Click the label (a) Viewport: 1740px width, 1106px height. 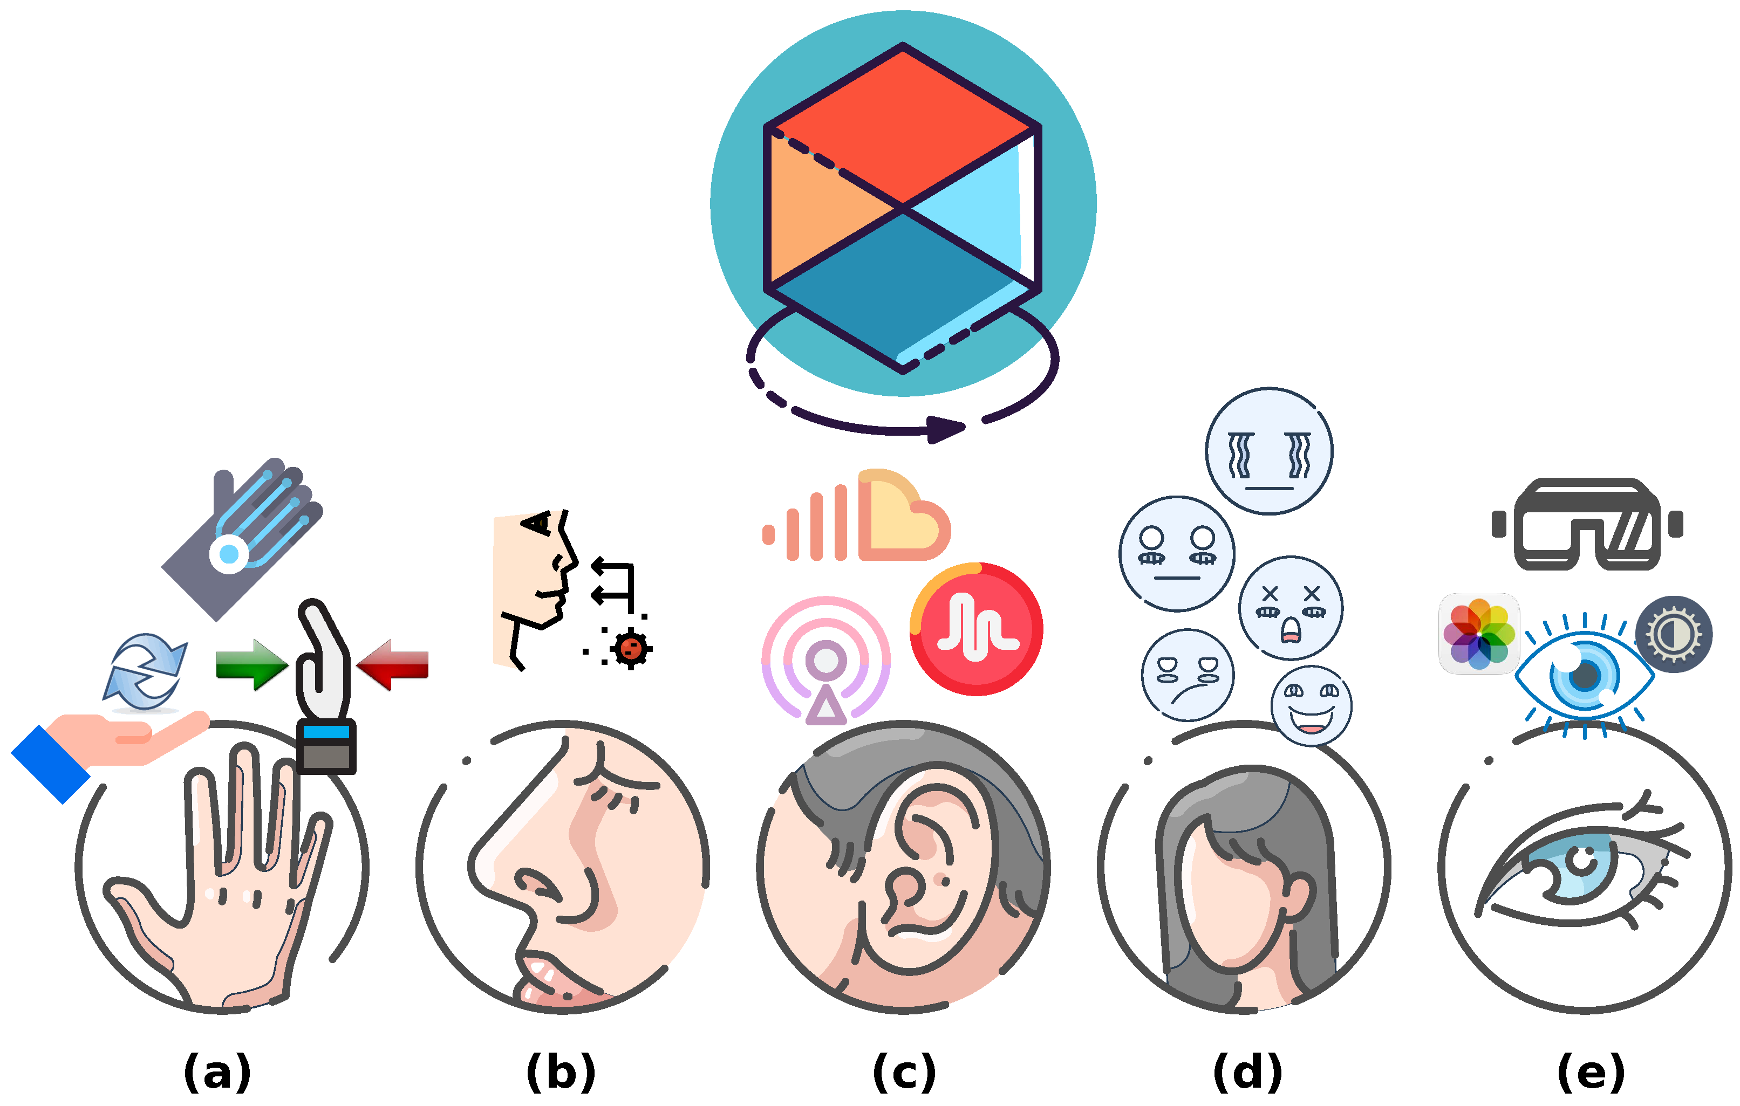(217, 1072)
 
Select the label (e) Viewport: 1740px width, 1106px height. (1591, 1072)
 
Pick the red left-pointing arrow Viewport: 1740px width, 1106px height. (394, 664)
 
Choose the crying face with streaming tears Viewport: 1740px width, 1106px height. (1269, 451)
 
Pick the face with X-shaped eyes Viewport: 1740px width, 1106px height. (1291, 608)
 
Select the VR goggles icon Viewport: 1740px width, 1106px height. (1587, 525)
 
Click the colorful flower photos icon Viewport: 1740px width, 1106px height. (1478, 634)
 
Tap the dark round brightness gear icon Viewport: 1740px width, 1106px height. (1674, 634)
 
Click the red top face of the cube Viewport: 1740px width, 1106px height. (903, 126)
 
